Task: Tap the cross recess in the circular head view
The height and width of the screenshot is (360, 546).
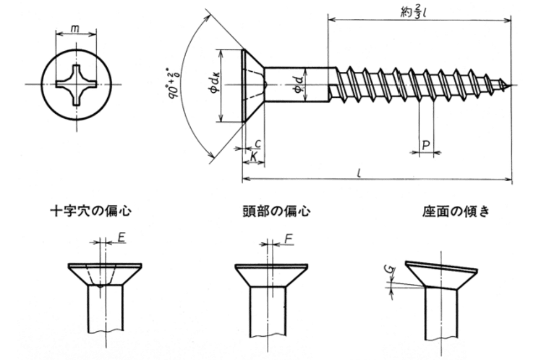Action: pyautogui.click(x=76, y=84)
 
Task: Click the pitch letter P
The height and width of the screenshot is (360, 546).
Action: pyautogui.click(x=427, y=145)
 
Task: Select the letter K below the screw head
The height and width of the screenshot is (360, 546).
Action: pyautogui.click(x=254, y=157)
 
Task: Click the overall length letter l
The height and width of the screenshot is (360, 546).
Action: pyautogui.click(x=360, y=173)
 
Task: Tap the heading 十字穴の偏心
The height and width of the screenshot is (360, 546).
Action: pyautogui.click(x=91, y=211)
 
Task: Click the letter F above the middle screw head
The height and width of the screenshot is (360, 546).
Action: pyautogui.click(x=289, y=240)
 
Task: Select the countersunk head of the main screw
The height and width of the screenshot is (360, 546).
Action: pyautogui.click(x=253, y=84)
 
